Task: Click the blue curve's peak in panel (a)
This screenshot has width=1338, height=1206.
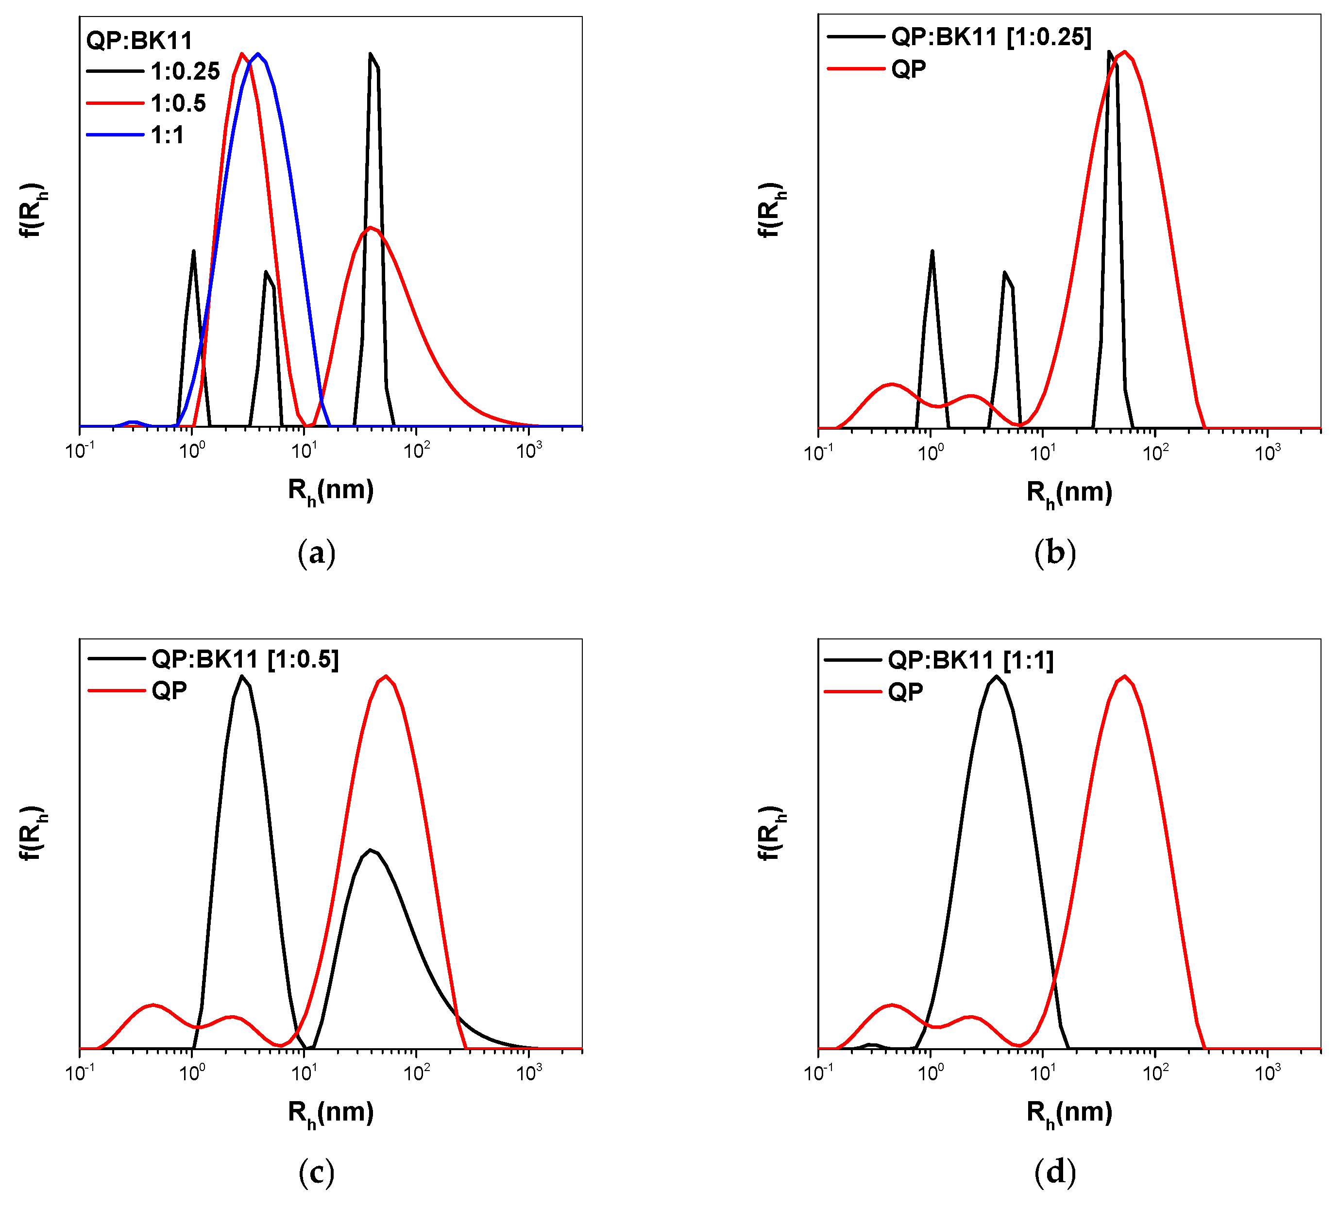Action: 258,54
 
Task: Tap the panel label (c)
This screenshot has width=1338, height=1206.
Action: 317,1173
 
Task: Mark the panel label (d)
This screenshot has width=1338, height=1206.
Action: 1054,1173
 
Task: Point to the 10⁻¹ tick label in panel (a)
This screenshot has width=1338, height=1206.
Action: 80,451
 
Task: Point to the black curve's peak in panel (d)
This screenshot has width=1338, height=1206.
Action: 996,676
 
